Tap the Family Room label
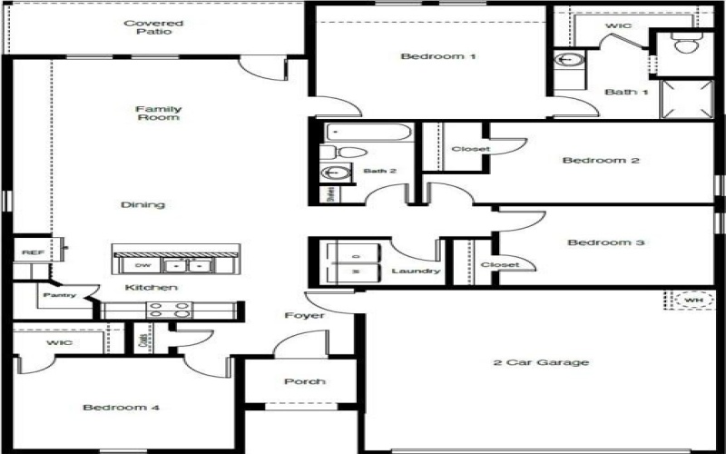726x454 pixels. point(158,113)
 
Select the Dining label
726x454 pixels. point(142,204)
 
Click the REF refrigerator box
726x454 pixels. point(33,252)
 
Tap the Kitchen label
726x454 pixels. point(151,288)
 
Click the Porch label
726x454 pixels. point(304,381)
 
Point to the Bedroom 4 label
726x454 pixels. point(121,408)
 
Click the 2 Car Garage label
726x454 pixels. point(541,362)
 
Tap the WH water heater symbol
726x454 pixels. point(692,300)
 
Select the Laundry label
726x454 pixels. point(416,271)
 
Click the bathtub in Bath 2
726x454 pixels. point(368,133)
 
